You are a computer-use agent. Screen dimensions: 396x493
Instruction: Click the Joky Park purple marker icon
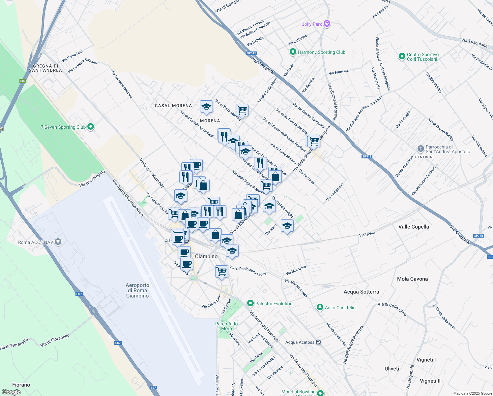click(327, 24)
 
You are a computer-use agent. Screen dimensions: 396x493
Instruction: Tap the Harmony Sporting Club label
click(321, 52)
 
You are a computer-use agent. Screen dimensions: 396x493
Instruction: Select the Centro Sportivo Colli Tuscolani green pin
click(402, 56)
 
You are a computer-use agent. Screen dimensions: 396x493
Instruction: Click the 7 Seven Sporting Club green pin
click(91, 127)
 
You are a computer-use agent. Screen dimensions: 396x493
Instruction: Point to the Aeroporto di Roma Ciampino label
click(137, 290)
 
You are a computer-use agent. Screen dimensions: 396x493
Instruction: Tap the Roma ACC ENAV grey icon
click(58, 242)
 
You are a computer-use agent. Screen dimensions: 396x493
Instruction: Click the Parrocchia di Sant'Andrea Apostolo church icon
click(420, 148)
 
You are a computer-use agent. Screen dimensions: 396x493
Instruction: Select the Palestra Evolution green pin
click(250, 303)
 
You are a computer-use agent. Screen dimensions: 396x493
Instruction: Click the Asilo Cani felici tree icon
click(320, 307)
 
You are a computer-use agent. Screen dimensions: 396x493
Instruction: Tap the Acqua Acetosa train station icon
click(318, 342)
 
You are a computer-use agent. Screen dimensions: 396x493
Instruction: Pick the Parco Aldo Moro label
click(226, 326)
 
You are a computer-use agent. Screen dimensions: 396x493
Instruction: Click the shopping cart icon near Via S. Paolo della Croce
click(222, 272)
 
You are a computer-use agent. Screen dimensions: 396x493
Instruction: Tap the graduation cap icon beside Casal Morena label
click(206, 107)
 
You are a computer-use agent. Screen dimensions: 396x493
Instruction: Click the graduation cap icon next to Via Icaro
click(287, 226)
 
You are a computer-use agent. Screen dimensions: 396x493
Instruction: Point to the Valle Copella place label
click(414, 227)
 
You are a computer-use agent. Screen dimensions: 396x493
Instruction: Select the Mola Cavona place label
click(412, 279)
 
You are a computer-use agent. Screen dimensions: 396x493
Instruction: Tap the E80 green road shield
click(23, 81)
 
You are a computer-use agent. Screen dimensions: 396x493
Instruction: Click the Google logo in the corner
click(11, 392)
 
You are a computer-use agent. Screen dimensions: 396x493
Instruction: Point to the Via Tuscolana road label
click(474, 43)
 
